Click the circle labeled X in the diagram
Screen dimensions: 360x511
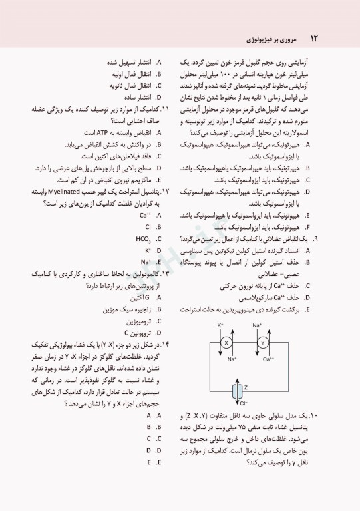pyautogui.click(x=226, y=343)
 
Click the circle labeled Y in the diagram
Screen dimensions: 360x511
pyautogui.click(x=262, y=343)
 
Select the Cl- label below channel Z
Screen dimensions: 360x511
pyautogui.click(x=244, y=403)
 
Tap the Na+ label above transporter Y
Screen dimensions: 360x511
pyautogui.click(x=258, y=325)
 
